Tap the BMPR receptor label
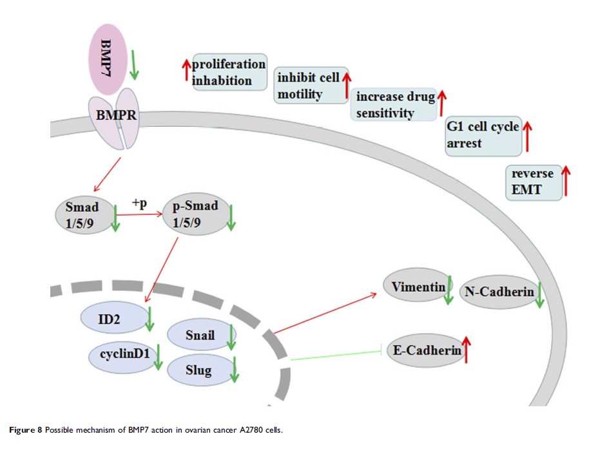[115, 117]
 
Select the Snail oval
[198, 334]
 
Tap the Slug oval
[198, 370]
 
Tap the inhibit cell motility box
[309, 86]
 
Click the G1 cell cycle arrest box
[483, 135]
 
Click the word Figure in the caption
[24, 430]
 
